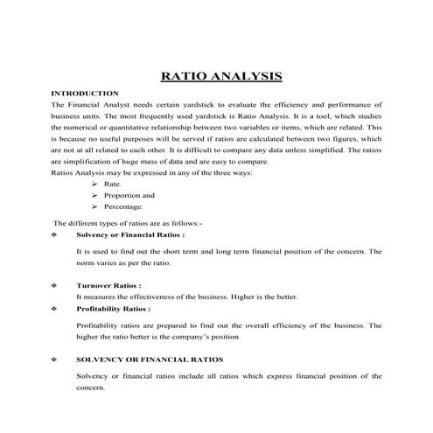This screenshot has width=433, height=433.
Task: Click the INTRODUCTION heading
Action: tap(85, 94)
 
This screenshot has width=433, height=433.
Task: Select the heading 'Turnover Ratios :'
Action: tap(109, 285)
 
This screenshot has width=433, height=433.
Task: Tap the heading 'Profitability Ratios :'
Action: tap(114, 309)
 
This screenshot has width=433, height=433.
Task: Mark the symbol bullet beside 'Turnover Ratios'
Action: tap(55, 285)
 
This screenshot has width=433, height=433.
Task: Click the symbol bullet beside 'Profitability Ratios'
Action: tap(55, 309)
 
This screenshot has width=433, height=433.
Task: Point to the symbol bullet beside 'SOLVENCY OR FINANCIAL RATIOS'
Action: tap(55, 360)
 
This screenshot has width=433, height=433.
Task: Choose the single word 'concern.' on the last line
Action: tap(90, 387)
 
